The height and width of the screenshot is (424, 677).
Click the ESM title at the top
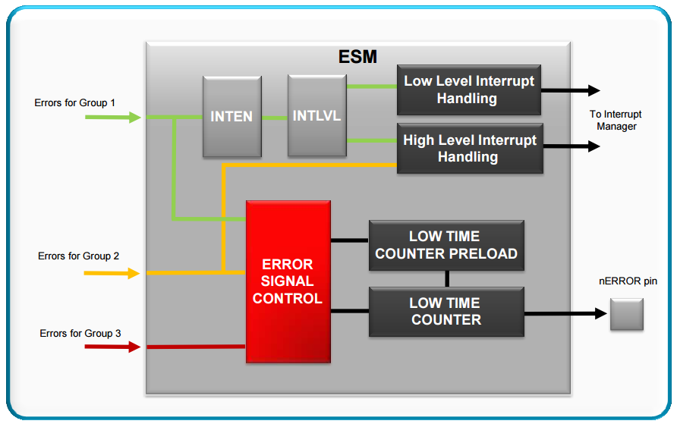pyautogui.click(x=357, y=56)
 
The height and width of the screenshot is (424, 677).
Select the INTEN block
pyautogui.click(x=231, y=117)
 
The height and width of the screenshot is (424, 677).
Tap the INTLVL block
pyautogui.click(x=316, y=116)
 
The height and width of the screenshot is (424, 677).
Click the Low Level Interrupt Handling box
pyautogui.click(x=468, y=90)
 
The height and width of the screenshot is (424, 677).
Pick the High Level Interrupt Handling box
pyautogui.click(x=469, y=148)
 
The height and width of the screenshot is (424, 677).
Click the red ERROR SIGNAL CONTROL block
pyautogui.click(x=288, y=281)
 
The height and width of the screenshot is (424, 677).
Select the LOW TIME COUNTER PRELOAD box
pyautogui.click(x=446, y=245)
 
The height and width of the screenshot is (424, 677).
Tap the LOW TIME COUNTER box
pyautogui.click(x=446, y=311)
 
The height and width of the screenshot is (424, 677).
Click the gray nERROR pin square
pyautogui.click(x=626, y=314)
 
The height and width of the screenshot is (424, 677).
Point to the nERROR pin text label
pyautogui.click(x=628, y=281)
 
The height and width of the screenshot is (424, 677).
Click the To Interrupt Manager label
pyautogui.click(x=616, y=121)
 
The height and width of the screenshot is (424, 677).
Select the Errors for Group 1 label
pyautogui.click(x=75, y=102)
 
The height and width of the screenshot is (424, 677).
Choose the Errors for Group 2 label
pyautogui.click(x=78, y=256)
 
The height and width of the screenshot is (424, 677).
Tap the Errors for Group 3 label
pyautogui.click(x=80, y=333)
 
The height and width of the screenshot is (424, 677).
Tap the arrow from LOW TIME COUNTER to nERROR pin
pyautogui.click(x=565, y=313)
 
